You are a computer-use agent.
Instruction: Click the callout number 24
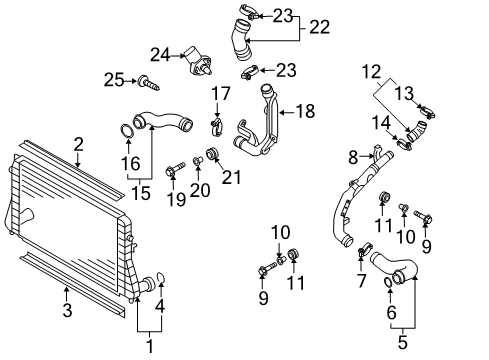[160, 55]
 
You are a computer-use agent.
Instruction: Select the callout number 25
[114, 80]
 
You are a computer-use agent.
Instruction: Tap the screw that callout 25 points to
[148, 84]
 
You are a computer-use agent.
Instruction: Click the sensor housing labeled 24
[198, 61]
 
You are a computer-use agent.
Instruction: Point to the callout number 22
[320, 27]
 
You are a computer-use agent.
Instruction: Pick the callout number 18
[306, 111]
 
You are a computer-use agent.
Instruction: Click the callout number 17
[221, 94]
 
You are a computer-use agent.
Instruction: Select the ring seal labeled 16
[126, 131]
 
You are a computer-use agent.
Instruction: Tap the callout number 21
[231, 177]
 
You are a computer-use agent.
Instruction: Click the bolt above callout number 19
[176, 168]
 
